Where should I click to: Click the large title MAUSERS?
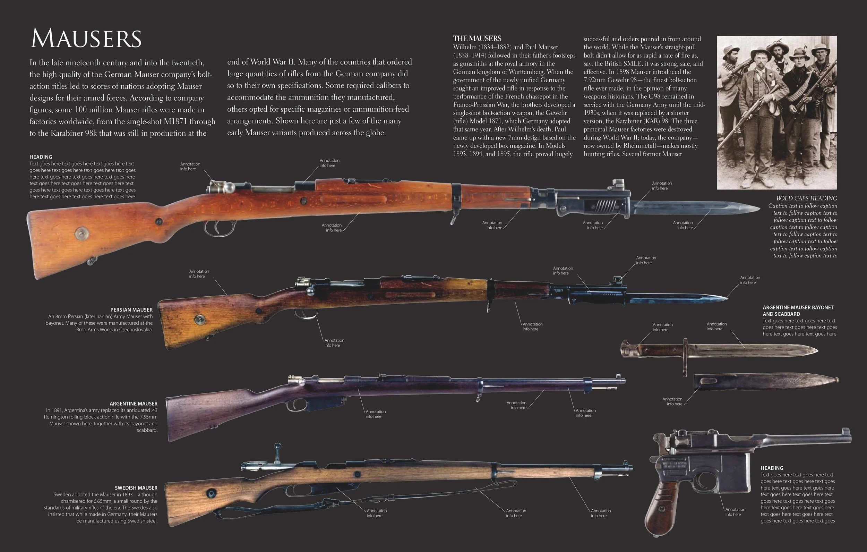(x=86, y=39)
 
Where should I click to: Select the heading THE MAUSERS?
(x=477, y=39)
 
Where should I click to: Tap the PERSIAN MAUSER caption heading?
(x=131, y=310)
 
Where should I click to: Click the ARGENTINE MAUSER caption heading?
(x=133, y=404)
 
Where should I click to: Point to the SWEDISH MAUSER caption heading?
(x=136, y=488)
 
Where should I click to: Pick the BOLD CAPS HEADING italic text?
(x=807, y=198)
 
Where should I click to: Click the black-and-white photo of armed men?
(x=776, y=112)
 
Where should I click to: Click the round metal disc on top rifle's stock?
(x=82, y=233)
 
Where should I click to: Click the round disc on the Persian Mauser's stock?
(x=200, y=319)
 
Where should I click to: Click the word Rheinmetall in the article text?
(x=642, y=146)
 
